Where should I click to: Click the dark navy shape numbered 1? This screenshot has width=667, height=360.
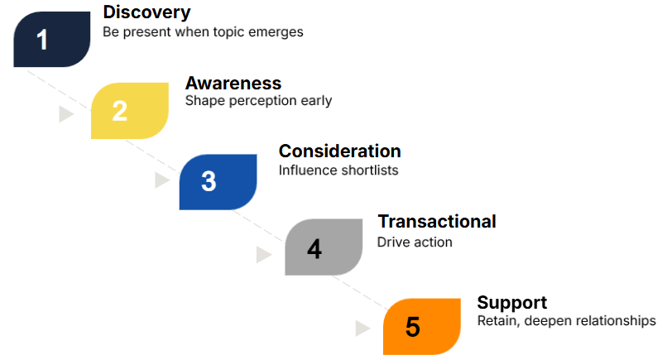click(x=52, y=39)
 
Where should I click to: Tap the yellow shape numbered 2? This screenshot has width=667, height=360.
click(x=130, y=111)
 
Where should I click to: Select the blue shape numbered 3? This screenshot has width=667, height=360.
click(x=218, y=182)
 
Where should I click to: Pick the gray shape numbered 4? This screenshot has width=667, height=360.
click(x=324, y=247)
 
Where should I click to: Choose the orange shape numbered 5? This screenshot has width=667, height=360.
click(x=422, y=326)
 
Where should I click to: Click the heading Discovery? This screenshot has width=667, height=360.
click(x=146, y=12)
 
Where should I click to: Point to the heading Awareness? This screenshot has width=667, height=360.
click(x=233, y=83)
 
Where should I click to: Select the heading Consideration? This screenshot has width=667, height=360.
click(x=340, y=151)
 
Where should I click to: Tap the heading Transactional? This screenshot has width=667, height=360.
click(x=437, y=221)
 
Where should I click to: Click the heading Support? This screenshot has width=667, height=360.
click(x=512, y=303)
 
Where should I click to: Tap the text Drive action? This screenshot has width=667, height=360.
click(x=415, y=242)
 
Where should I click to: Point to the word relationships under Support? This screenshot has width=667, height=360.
click(x=612, y=320)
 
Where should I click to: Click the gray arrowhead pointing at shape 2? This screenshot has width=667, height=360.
click(x=65, y=114)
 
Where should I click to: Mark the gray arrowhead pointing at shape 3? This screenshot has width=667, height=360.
click(x=161, y=180)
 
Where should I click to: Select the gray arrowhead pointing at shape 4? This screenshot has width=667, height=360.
click(x=263, y=254)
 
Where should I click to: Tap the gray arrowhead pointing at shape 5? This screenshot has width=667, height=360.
click(x=362, y=328)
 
